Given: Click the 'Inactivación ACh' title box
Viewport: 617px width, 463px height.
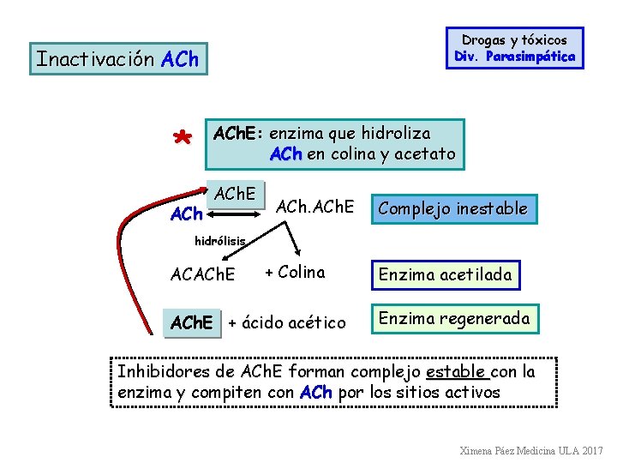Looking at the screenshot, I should (117, 59).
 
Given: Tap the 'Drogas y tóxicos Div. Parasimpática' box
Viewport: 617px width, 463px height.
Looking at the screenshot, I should (514, 48).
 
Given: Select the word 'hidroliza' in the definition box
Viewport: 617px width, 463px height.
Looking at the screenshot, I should (395, 134).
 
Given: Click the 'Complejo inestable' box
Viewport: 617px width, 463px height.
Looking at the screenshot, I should (452, 208).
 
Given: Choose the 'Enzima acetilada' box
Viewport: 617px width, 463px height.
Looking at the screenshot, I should (445, 274).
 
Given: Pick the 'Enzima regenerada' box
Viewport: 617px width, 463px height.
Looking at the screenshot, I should (454, 319).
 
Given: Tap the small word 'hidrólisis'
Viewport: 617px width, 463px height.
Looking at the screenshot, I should (220, 241).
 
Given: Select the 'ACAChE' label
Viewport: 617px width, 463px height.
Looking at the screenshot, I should (203, 275).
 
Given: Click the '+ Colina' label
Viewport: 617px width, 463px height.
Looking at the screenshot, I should (295, 273).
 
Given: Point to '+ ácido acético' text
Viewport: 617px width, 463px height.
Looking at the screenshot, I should (287, 322).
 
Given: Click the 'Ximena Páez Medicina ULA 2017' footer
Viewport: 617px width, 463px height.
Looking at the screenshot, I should (530, 450).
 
